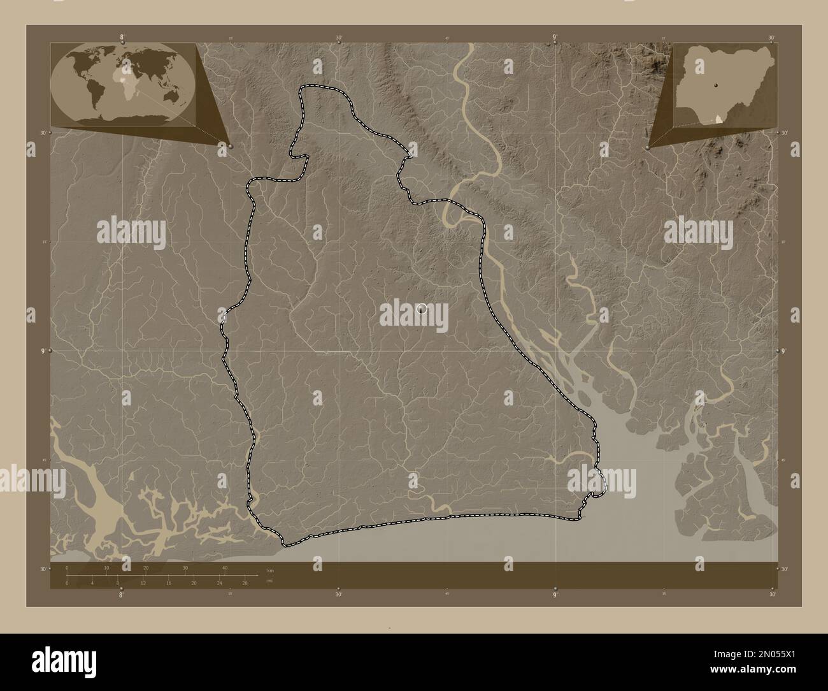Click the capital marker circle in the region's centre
(420, 309)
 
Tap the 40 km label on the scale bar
(225, 568)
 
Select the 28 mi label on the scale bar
(245, 583)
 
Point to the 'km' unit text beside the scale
(271, 570)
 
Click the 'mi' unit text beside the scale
(270, 581)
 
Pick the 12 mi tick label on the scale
(143, 583)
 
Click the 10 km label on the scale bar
(107, 568)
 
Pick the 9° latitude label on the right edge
(783, 351)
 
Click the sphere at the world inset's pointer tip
(229, 146)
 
